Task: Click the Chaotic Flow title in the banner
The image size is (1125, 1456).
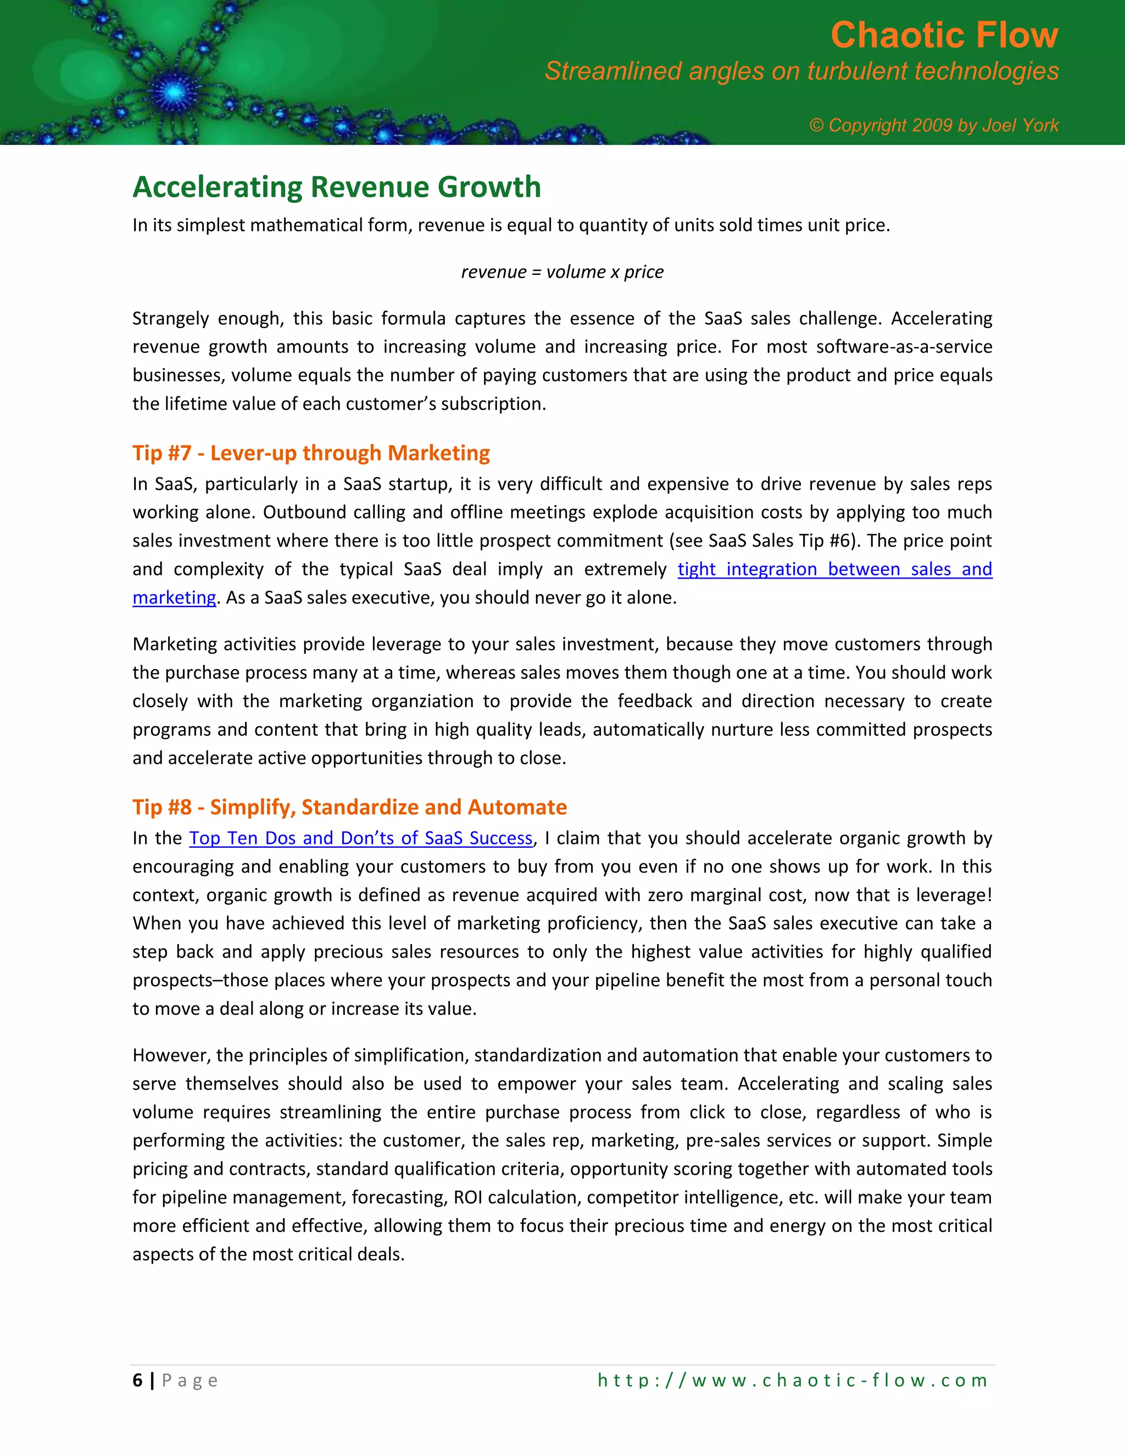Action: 944,35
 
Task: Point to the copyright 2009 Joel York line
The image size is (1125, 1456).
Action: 933,125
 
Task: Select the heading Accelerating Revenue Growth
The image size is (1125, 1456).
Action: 337,187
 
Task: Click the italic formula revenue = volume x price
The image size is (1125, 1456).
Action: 562,272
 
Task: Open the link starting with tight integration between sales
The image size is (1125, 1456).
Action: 834,569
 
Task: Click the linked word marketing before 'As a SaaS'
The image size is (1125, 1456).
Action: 174,598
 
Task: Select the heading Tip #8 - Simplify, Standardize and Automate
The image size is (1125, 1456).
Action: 349,807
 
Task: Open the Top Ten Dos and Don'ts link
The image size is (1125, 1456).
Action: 360,838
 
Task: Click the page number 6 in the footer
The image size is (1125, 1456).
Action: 137,1380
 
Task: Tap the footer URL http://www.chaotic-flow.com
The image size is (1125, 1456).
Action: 793,1380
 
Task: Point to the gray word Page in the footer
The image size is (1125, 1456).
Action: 190,1380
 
